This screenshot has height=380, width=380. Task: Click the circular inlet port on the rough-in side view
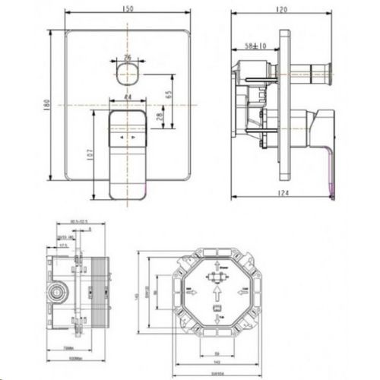point(56,292)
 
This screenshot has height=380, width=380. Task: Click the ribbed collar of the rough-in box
point(98,292)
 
